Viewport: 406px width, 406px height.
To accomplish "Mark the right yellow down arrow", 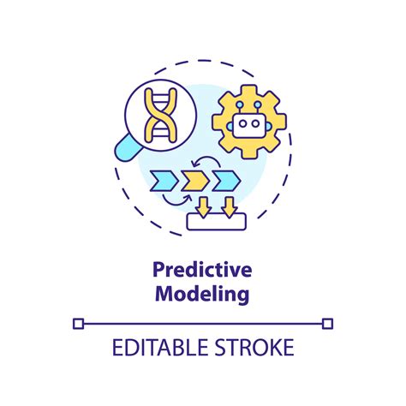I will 230,205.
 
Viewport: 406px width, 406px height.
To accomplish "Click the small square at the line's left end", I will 79,323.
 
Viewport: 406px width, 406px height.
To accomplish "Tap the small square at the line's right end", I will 328,323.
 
